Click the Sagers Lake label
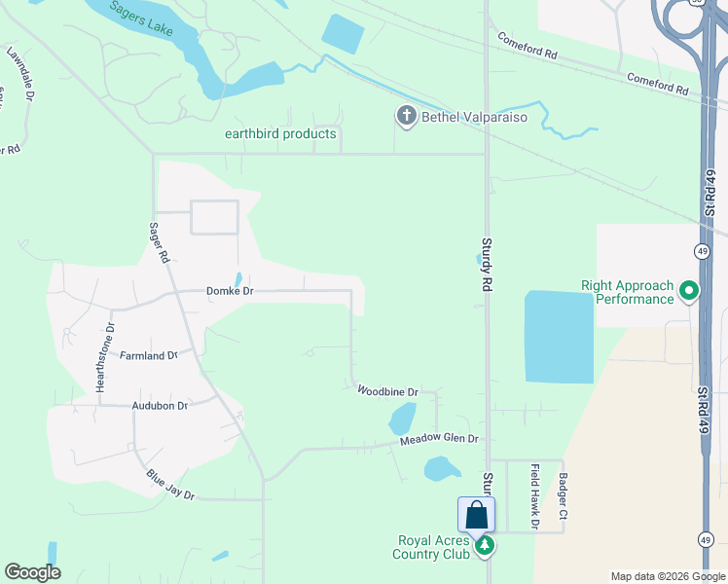[140, 18]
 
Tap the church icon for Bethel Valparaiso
[407, 117]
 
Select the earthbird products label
[280, 134]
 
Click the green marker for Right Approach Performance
[689, 290]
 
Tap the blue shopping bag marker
[476, 515]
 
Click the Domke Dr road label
[230, 291]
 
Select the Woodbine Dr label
[387, 391]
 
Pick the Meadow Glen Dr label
[440, 440]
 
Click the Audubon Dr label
[160, 406]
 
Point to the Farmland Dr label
[148, 356]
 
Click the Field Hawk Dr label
[535, 496]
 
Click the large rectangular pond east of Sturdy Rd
[559, 336]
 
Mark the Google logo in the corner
[32, 572]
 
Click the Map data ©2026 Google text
[667, 576]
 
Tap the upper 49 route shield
[702, 251]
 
